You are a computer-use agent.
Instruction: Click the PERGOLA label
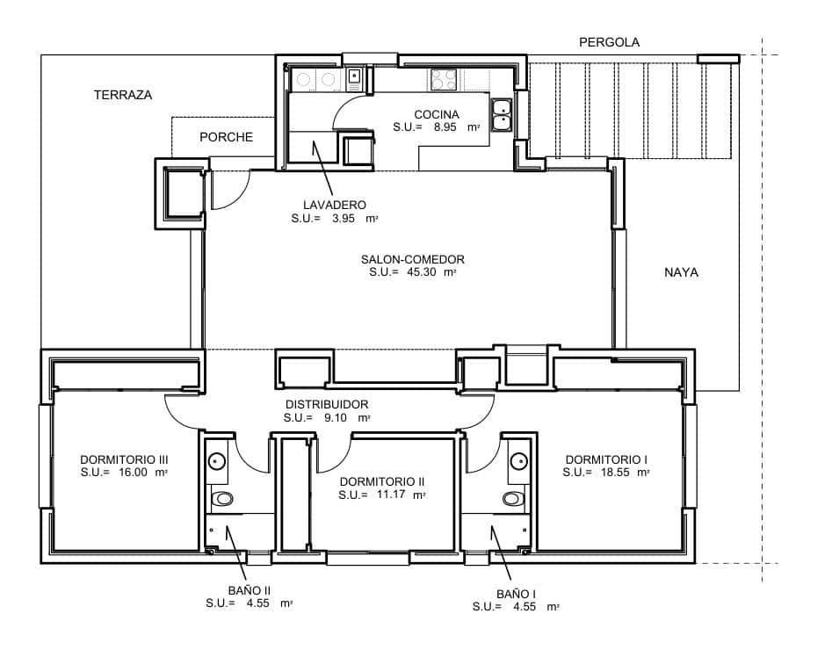[x=609, y=42]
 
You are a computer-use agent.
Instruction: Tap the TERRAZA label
[x=123, y=95]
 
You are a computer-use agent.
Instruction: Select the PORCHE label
[x=226, y=137]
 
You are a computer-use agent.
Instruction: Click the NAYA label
[x=681, y=273]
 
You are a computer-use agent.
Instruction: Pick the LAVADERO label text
[x=334, y=205]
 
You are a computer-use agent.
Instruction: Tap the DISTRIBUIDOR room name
[x=326, y=404]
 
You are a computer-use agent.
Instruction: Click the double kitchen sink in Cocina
[x=502, y=115]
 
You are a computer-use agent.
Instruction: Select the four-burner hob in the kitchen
[x=444, y=80]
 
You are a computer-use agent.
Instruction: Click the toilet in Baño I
[x=513, y=499]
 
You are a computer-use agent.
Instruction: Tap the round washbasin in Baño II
[x=218, y=459]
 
